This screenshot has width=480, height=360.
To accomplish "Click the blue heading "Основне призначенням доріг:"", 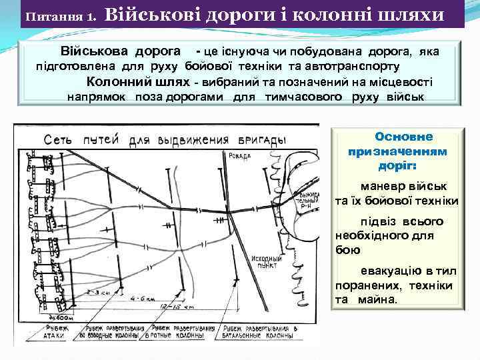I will pyautogui.click(x=398, y=151).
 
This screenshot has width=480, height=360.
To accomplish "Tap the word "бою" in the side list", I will pyautogui.click(x=348, y=249).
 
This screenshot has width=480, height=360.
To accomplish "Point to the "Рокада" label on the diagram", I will pyautogui.click(x=238, y=156).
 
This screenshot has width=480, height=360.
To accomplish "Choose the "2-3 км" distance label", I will pyautogui.click(x=103, y=293).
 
